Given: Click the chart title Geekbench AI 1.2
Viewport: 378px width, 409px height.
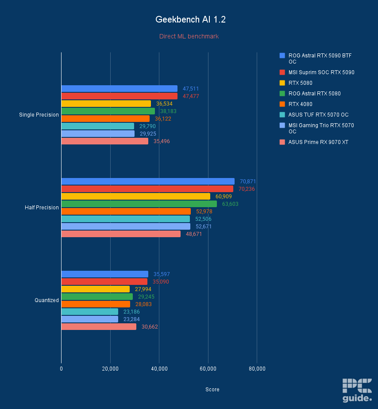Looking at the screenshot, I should [189, 20].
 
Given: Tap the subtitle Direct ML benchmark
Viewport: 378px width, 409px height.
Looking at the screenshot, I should [189, 36].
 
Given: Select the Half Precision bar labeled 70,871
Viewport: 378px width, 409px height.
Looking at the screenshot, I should [148, 182].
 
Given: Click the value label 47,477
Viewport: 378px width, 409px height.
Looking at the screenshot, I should [191, 96].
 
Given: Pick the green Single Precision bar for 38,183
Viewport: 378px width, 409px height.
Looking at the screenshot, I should [108, 111].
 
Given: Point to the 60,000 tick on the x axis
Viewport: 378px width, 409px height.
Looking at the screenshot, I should [208, 369].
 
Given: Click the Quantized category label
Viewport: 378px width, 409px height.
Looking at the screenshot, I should [46, 300].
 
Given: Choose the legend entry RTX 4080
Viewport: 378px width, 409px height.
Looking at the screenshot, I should [300, 104].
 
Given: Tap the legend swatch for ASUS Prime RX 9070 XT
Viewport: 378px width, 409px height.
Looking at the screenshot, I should [282, 142].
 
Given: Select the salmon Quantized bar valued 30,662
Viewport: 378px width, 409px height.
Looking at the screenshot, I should [99, 327].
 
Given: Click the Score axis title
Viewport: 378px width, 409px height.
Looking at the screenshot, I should [212, 390].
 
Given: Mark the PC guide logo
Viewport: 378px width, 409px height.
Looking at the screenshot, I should [357, 390].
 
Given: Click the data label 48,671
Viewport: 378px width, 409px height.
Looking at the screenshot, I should [194, 234].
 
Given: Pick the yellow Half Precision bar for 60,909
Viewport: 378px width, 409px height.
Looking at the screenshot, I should [135, 197].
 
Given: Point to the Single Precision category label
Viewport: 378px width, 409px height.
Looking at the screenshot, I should [39, 115].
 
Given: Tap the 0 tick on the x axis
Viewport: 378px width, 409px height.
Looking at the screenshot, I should [61, 369].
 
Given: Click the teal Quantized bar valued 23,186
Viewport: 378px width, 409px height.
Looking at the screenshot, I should [90, 312].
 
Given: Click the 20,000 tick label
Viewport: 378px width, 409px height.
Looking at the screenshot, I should [110, 369].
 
